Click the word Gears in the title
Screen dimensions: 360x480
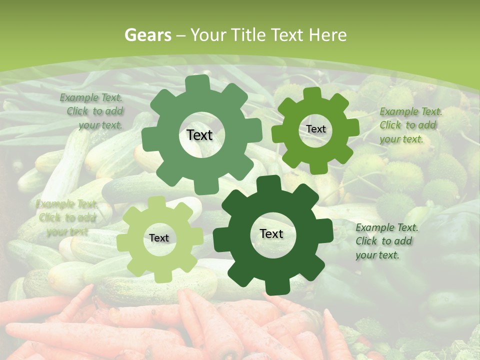[x=147, y=35]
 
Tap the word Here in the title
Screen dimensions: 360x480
[x=328, y=35]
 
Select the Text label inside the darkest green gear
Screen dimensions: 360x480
[x=271, y=233]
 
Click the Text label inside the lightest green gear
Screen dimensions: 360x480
[x=159, y=238]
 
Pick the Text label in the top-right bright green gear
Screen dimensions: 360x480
[x=315, y=129]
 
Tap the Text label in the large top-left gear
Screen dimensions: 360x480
[x=199, y=135]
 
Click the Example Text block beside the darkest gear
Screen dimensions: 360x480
[x=386, y=241]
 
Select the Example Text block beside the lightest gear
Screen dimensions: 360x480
[x=66, y=217]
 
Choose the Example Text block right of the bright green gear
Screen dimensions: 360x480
[x=410, y=125]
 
